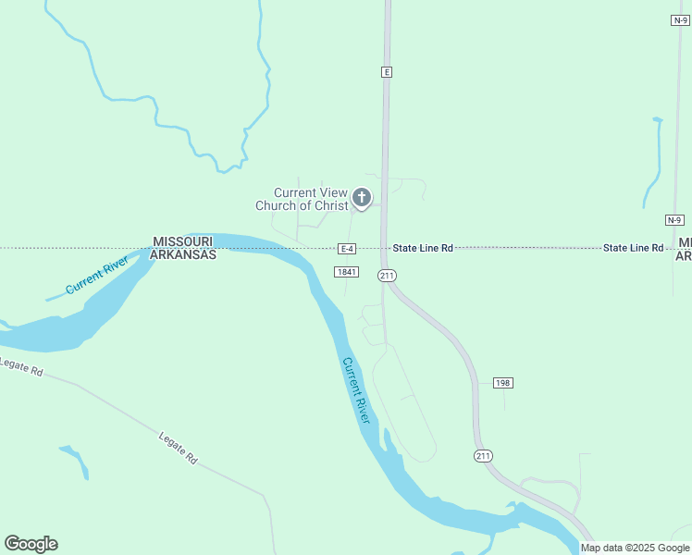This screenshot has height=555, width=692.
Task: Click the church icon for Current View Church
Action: [362, 197]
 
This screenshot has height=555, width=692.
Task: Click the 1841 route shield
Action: [347, 271]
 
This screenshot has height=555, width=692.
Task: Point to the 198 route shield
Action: [502, 382]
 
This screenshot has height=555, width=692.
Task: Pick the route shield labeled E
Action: [387, 71]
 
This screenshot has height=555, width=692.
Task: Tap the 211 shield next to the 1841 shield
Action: [387, 276]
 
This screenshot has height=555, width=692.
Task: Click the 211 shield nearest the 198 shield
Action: [483, 456]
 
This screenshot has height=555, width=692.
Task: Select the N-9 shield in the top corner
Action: [681, 19]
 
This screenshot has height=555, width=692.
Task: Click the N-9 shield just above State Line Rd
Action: [674, 219]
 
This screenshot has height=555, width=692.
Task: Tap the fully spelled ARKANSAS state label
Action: [183, 254]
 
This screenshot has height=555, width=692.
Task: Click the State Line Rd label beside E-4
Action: [423, 248]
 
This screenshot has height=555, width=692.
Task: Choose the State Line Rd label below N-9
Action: [634, 248]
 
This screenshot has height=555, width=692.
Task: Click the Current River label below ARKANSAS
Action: [97, 277]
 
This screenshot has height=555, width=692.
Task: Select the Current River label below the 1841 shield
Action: [356, 391]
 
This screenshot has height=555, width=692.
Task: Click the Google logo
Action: [31, 544]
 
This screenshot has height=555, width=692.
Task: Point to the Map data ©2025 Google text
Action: [635, 548]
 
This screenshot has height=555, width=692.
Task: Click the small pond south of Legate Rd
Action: [75, 460]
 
